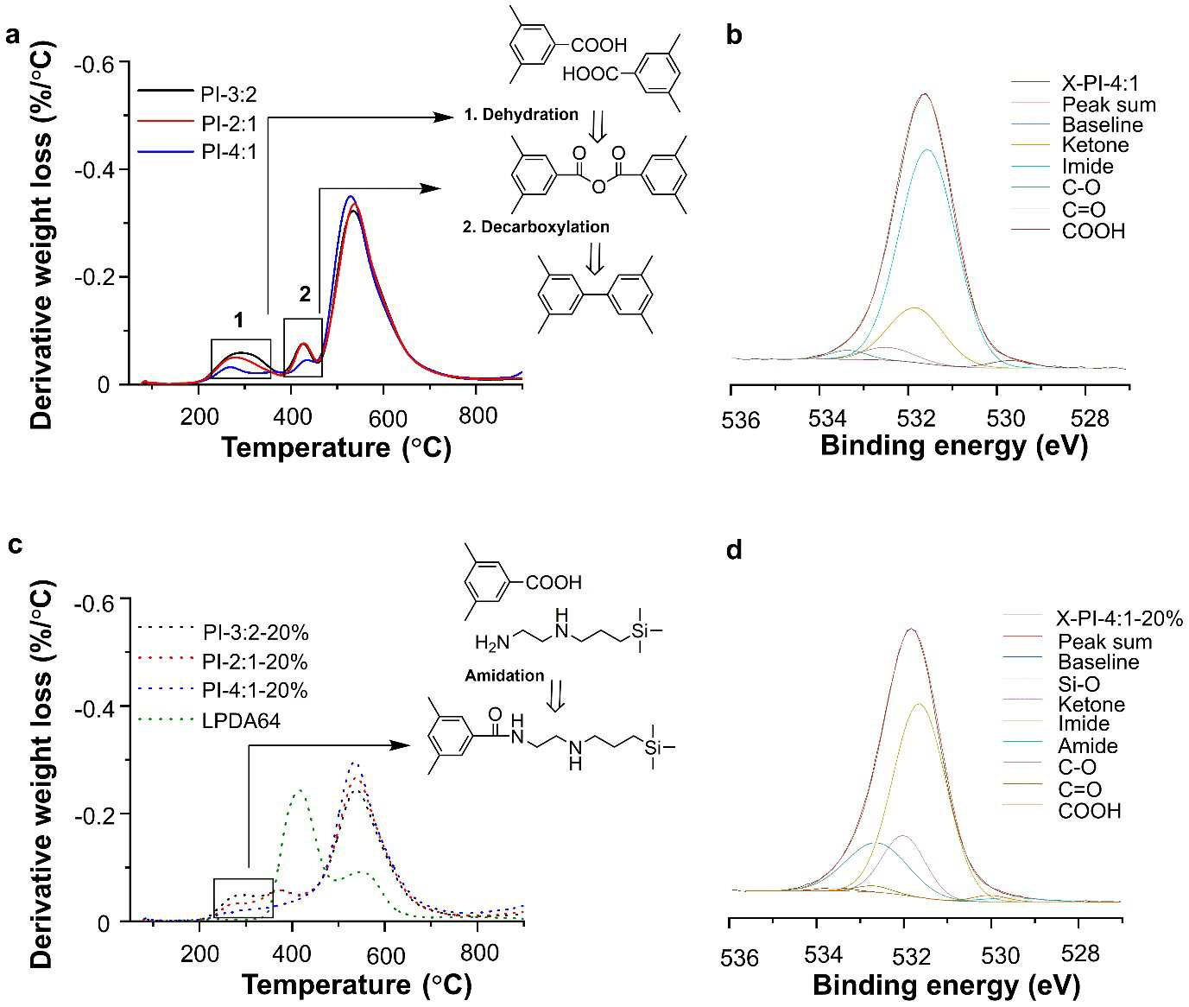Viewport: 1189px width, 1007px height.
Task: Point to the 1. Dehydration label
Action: [x=522, y=115]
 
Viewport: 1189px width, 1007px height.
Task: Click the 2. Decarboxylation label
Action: [x=536, y=227]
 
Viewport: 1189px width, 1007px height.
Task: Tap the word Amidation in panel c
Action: [x=504, y=675]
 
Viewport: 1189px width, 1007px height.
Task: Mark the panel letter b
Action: [x=734, y=35]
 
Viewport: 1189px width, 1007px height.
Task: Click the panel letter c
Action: [x=15, y=544]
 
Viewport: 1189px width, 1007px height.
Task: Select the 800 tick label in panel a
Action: [x=478, y=415]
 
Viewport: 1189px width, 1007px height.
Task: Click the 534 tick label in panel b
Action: [x=827, y=418]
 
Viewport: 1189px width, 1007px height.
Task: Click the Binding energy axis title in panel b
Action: [x=954, y=446]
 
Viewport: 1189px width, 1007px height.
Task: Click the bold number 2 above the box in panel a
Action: [x=304, y=294]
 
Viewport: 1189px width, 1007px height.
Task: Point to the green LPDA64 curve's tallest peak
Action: [x=299, y=790]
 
